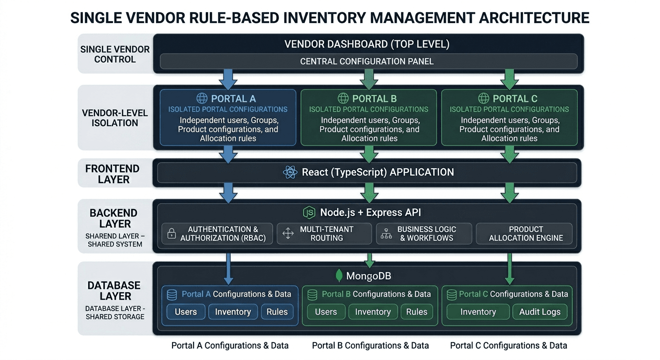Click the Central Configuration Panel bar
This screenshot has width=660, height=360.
point(368,61)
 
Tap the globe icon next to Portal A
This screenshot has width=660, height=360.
point(202,98)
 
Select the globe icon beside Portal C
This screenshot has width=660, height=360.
point(483,98)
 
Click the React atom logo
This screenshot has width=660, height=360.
point(290,172)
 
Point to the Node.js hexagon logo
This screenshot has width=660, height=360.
point(309,212)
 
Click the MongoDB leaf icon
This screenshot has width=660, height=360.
point(339,276)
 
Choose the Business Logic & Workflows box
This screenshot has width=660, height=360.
point(424,233)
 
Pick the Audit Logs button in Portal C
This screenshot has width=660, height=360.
point(540,312)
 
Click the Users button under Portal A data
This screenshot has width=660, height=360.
point(186,312)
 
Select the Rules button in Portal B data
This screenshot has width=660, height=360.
point(416,312)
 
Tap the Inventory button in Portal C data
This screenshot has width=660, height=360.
point(478,312)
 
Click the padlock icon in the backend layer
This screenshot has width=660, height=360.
point(172,233)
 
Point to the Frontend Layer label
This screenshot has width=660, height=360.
point(112,174)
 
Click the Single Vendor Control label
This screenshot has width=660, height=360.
point(115,54)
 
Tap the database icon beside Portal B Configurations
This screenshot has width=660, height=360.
point(312,294)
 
